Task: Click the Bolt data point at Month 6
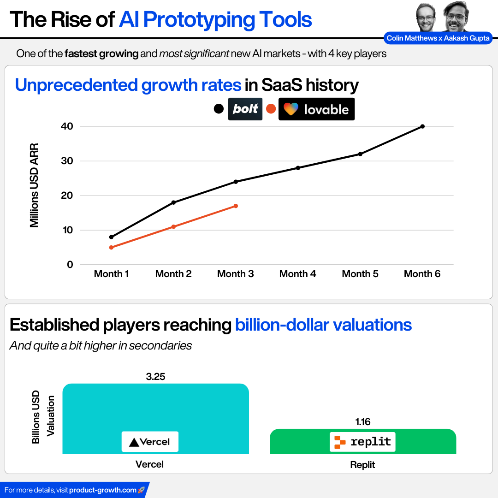[x=422, y=126]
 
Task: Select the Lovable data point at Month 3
[x=236, y=206]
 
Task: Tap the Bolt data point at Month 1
[x=111, y=237]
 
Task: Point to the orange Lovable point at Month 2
[x=173, y=226]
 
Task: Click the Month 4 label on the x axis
[x=297, y=274]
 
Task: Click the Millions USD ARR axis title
[x=34, y=185]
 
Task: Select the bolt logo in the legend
[x=245, y=109]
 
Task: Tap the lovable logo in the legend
[x=316, y=109]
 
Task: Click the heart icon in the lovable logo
[x=291, y=109]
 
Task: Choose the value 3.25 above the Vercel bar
[x=155, y=377]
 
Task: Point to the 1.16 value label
[x=362, y=422]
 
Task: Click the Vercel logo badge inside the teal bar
[x=150, y=442]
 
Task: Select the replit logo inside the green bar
[x=362, y=442]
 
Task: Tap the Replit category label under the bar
[x=362, y=465]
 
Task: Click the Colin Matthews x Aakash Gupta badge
[x=438, y=38]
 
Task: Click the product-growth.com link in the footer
[x=102, y=490]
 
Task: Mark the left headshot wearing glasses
[x=426, y=18]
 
